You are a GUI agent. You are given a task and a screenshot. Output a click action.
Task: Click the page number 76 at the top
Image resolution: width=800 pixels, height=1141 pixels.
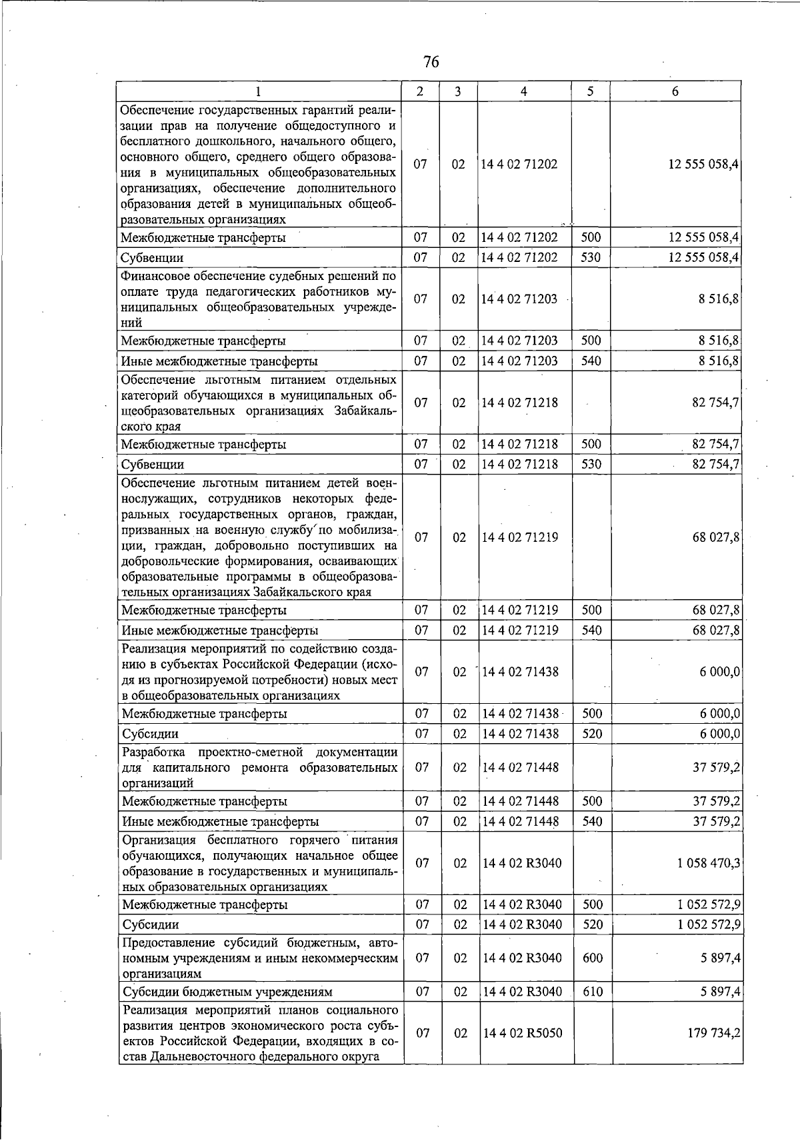coord(431,62)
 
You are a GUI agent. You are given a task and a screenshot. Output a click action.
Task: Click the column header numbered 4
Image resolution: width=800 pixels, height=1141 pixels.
coord(525,92)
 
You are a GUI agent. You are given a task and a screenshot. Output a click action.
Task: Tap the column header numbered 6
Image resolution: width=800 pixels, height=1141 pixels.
coord(675,92)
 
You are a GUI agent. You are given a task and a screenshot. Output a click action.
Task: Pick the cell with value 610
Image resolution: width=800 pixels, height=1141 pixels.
coord(592,992)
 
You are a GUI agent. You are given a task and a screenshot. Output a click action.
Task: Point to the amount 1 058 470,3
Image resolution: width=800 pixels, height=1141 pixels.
coord(708,863)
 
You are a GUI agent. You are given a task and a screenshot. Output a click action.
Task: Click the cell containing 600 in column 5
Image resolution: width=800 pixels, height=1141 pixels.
coord(592,958)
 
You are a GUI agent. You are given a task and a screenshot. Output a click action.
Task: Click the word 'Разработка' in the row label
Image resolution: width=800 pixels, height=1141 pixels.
coord(155,752)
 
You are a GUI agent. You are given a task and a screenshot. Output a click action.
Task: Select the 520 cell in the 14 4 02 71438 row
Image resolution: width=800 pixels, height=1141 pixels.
coord(592,734)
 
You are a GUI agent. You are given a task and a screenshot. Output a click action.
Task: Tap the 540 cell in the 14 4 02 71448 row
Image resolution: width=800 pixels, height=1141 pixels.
coord(592,821)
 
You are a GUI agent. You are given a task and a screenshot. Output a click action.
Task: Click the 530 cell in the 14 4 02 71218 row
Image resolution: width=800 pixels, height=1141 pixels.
coord(591,464)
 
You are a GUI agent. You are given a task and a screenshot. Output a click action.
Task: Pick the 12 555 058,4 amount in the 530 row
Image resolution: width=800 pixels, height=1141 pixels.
coord(705,257)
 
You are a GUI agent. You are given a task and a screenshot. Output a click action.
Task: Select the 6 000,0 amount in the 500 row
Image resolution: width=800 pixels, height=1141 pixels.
coord(720,713)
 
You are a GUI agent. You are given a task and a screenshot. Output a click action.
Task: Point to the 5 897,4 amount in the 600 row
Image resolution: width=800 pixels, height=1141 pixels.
coord(721,958)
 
